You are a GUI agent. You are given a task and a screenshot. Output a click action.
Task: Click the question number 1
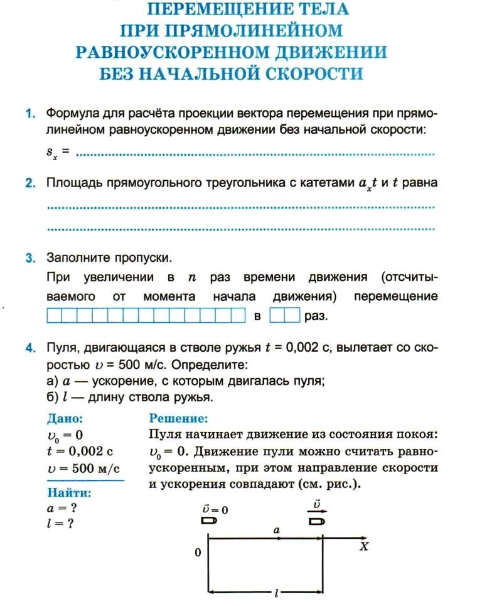[x=29, y=114]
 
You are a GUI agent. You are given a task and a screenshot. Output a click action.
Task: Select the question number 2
[x=29, y=183]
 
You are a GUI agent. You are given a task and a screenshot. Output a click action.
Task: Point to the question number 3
[x=29, y=258]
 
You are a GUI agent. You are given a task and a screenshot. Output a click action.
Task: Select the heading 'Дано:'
[x=65, y=418]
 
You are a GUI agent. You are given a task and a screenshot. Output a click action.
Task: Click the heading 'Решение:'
[x=178, y=418]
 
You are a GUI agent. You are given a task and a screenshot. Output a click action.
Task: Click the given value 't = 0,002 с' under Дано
[x=75, y=450]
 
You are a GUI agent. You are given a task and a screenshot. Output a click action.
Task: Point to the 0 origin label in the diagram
[x=198, y=554]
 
